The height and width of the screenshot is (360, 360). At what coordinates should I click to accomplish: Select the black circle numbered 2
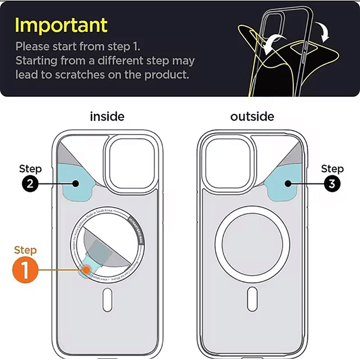[31, 184]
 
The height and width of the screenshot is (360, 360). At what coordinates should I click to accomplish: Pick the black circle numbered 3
[332, 184]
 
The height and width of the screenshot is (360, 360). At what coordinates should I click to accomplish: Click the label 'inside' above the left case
[107, 116]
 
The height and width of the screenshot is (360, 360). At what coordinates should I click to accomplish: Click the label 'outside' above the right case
[252, 116]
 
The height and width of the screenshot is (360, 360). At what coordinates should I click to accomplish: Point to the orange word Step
[25, 250]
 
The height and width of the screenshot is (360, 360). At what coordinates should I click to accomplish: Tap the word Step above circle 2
[31, 169]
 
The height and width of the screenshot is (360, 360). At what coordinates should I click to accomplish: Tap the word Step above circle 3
[332, 169]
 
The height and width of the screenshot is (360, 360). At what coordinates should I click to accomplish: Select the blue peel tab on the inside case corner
[79, 183]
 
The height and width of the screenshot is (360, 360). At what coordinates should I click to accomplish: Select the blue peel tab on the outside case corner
[286, 183]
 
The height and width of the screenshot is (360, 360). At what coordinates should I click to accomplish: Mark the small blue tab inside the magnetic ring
[92, 267]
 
